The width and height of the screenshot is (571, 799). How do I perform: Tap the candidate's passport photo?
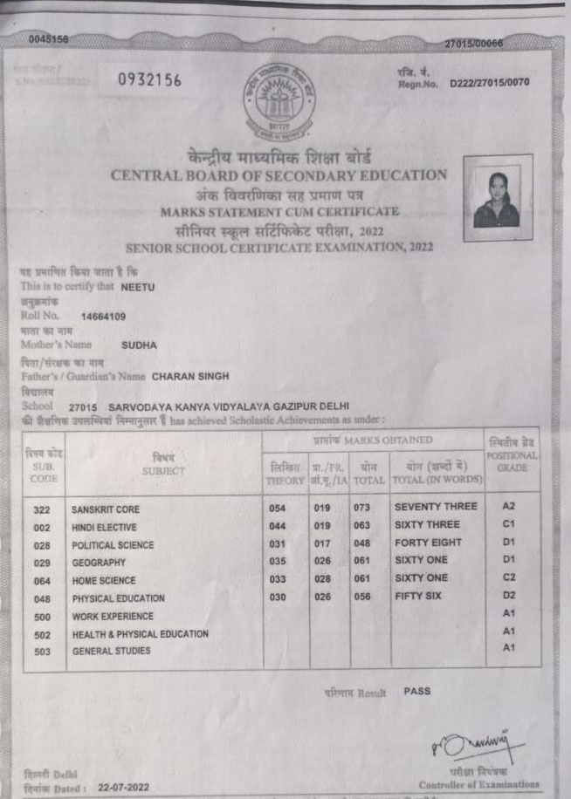pos(497,198)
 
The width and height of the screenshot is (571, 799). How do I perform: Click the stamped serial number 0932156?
pos(149,80)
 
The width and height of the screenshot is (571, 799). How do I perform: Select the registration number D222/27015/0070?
pos(489,83)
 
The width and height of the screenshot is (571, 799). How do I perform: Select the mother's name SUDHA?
pos(140,345)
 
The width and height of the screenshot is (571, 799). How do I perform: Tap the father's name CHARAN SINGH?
pos(190,377)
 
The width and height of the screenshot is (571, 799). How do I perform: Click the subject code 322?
pos(41,509)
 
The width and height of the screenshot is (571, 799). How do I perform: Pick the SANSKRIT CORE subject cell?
pos(106,509)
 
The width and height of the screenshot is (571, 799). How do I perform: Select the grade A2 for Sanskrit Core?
pos(510,506)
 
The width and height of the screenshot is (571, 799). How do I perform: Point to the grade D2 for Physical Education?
pos(510,596)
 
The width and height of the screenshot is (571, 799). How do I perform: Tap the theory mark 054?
pos(277,508)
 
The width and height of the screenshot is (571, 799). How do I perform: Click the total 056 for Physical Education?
pos(362,597)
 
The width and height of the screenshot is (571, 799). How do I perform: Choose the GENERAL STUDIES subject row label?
pos(111,652)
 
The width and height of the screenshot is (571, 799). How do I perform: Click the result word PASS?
pos(416,691)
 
